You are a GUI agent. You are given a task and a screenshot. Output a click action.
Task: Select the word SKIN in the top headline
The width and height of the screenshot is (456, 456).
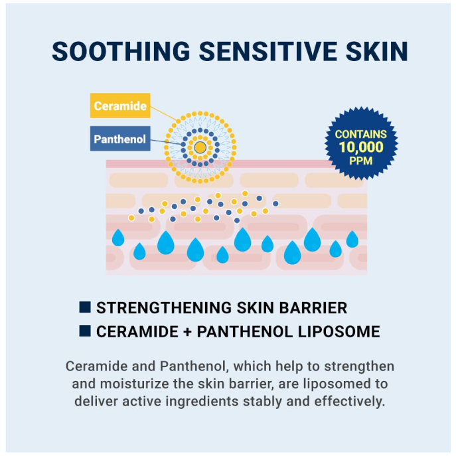[x=376, y=52]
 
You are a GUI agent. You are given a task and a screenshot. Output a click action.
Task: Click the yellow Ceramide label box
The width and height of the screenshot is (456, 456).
[x=120, y=106]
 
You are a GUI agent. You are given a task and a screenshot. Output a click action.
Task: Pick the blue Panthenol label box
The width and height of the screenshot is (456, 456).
[x=120, y=139]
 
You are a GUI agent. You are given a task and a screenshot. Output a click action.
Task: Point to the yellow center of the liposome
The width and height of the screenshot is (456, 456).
[x=199, y=147]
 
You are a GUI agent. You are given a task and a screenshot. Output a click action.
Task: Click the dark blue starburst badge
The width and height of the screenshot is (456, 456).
[x=360, y=143]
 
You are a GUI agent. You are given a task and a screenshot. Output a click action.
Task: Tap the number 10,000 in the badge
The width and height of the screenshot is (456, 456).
[x=360, y=147]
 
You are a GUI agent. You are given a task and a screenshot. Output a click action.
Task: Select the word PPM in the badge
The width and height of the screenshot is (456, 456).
[x=360, y=161]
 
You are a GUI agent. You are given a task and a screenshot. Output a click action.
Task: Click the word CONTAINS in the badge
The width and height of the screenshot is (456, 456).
[x=360, y=135]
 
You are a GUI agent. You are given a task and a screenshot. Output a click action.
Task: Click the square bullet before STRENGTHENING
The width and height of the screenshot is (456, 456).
[x=85, y=307]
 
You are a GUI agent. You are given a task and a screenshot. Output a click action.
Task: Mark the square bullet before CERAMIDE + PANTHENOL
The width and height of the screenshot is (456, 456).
[x=85, y=331]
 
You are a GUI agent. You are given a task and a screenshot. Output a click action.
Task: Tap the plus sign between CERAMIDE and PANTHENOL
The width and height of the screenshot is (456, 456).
[x=179, y=332]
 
